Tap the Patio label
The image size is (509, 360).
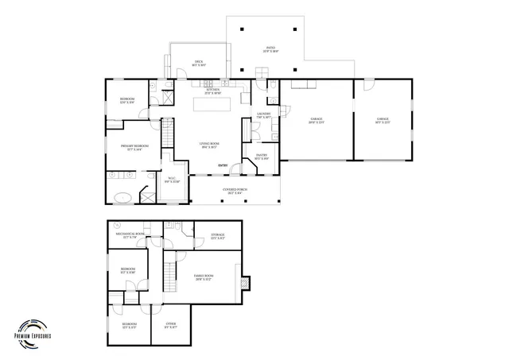point(271,48)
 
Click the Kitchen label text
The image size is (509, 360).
point(213,91)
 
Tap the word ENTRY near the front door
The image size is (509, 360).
point(223,165)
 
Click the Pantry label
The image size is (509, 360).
point(261,155)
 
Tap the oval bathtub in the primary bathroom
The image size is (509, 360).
point(124,195)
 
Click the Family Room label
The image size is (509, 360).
point(204,277)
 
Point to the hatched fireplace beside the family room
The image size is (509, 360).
point(246,281)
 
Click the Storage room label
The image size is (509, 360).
point(217,235)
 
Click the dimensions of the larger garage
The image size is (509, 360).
point(316,123)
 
